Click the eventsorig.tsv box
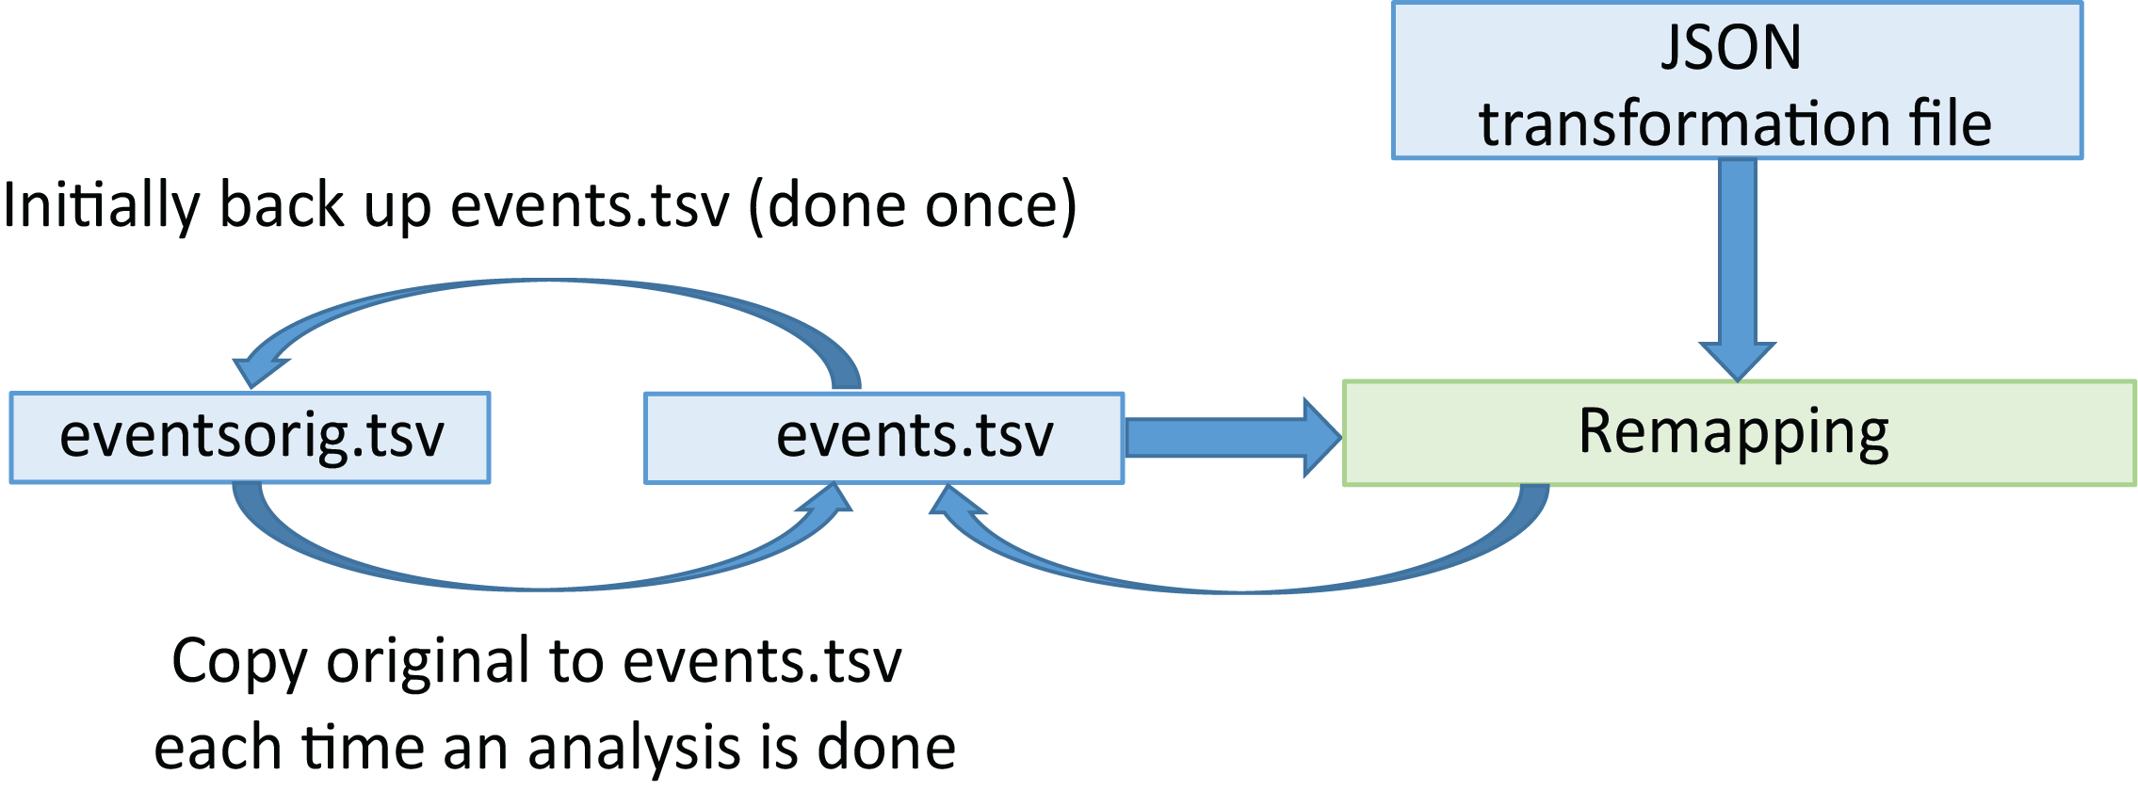coord(250,438)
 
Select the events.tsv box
coord(883,438)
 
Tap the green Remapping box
coord(1739,433)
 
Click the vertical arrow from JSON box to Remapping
coord(1738,264)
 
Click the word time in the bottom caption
coord(362,749)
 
